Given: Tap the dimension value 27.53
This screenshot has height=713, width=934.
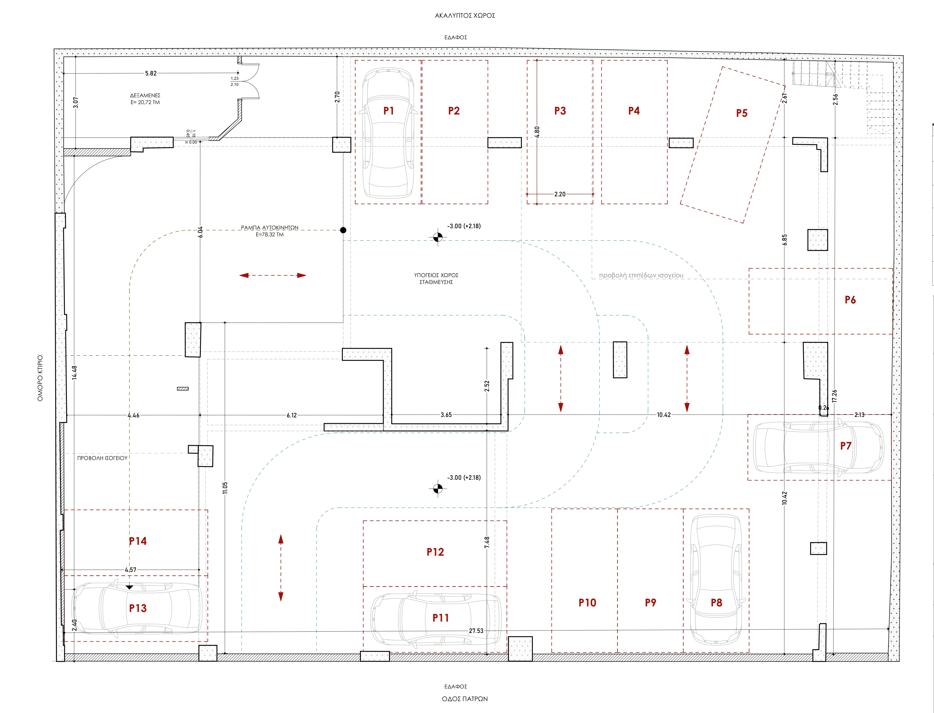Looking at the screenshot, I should point(476,631).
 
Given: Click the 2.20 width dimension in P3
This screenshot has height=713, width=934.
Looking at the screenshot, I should point(560,194).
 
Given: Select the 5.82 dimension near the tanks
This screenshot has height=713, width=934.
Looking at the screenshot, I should point(151,73).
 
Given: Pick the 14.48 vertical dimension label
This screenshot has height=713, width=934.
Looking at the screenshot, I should point(75,372).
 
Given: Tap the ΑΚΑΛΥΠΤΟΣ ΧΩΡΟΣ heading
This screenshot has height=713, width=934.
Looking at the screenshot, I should point(465,16).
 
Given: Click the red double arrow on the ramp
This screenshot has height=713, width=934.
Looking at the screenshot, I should point(273,275).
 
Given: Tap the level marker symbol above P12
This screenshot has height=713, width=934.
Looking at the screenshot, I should point(438,489).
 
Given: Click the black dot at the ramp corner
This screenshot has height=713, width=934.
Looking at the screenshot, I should point(343,230).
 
